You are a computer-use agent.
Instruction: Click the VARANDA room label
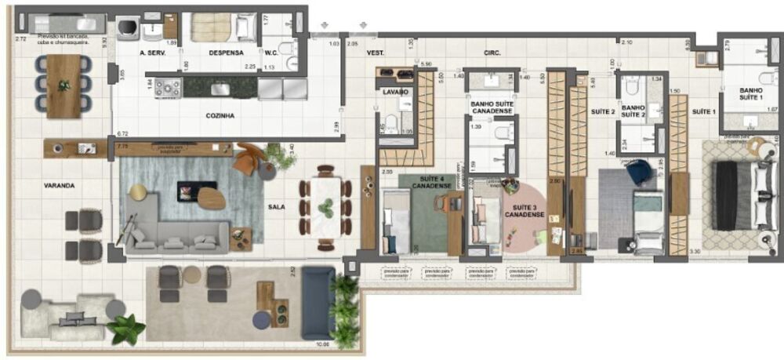60,186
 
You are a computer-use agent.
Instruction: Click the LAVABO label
395,92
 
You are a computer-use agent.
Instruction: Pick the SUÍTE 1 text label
703,112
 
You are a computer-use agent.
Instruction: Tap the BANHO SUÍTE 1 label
750,95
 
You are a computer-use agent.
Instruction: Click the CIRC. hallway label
492,53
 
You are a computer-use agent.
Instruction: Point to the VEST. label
376,53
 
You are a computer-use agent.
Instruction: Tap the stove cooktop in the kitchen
168,88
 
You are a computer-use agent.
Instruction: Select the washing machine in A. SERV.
129,29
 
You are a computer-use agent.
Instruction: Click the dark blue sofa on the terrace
318,302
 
